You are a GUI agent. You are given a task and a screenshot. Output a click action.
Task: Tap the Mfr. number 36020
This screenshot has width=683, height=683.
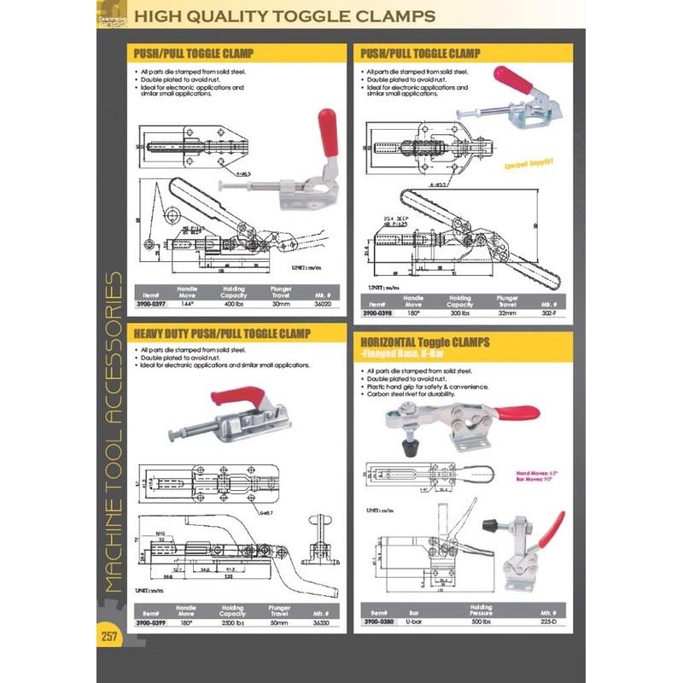(x=321, y=305)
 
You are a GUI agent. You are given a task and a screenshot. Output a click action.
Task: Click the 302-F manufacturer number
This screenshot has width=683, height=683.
(x=548, y=312)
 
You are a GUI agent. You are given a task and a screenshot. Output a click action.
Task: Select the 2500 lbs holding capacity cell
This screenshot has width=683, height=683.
(x=232, y=622)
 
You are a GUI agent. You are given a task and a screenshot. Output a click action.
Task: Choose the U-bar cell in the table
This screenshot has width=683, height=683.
(x=414, y=622)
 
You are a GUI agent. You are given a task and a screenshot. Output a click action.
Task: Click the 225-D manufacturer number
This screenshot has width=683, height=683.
(x=548, y=622)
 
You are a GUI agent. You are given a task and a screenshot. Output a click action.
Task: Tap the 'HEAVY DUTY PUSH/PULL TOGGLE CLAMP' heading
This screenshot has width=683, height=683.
(x=222, y=333)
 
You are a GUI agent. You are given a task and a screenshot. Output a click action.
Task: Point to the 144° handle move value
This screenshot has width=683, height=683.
(x=187, y=305)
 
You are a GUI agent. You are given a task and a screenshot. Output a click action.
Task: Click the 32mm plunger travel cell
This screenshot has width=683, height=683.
(x=507, y=312)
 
